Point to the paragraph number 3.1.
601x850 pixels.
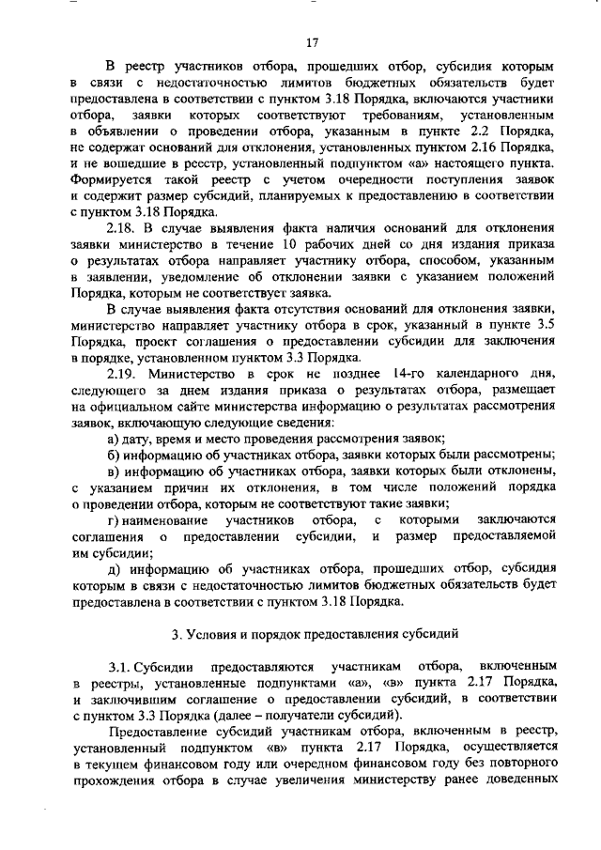[x=120, y=664]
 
